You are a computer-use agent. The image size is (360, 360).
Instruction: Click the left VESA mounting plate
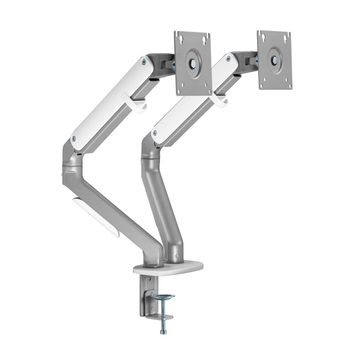point(193,63)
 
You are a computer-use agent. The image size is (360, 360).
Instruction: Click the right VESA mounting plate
point(275,60)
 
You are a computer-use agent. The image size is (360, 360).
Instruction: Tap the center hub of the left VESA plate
point(193,64)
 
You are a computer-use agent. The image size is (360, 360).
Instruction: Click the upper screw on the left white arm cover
point(143,62)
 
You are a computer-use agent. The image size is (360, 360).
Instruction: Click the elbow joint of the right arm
point(148,154)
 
